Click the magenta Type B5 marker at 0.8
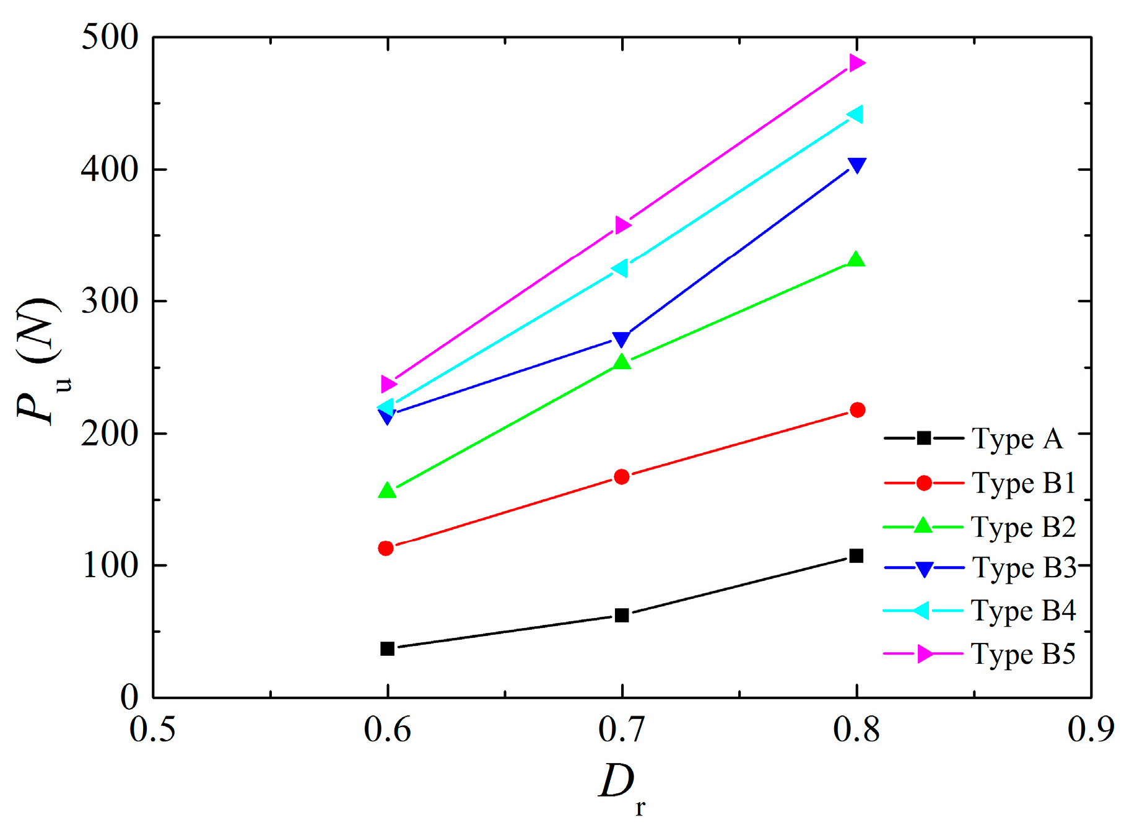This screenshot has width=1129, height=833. click(857, 63)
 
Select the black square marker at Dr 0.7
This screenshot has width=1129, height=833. click(622, 615)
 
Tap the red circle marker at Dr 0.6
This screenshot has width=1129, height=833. click(386, 548)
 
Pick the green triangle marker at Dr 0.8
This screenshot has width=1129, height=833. click(856, 259)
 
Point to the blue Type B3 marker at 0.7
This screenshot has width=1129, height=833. click(621, 339)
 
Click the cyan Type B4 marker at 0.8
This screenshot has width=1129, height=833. click(855, 114)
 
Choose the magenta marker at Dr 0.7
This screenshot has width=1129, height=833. click(622, 225)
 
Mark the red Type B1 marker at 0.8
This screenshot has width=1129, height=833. click(857, 410)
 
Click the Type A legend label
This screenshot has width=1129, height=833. click(1017, 438)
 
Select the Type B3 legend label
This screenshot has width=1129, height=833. click(1024, 568)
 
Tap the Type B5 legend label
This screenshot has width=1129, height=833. click(1023, 654)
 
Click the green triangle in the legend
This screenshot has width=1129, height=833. click(923, 525)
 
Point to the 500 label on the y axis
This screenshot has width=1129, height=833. click(110, 38)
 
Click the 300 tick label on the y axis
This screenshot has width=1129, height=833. click(110, 302)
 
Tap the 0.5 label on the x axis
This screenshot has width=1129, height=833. click(152, 729)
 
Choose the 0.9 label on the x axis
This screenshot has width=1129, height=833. click(1091, 729)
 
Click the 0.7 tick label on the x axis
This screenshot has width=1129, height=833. click(622, 729)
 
